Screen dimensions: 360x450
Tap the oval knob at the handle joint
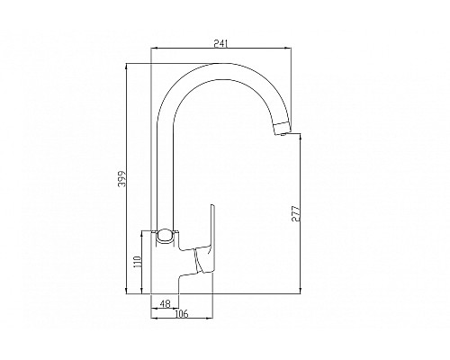tap(165, 237)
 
